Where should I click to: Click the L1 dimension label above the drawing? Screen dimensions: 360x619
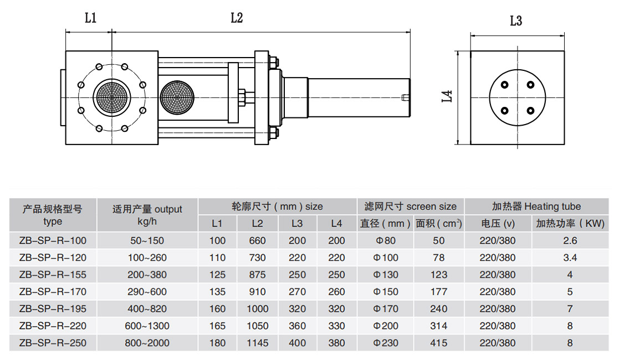pos(90,18)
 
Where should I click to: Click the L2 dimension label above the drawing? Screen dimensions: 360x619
pos(237,18)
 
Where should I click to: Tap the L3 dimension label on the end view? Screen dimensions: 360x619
pos(516,21)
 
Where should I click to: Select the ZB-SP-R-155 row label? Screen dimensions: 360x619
pos(53,275)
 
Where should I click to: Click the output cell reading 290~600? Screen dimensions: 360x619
pos(147,292)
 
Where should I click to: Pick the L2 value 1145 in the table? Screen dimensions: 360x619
pos(257,343)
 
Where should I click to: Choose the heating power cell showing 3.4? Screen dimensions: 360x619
pos(570,258)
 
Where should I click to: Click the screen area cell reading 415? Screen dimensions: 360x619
pos(438,343)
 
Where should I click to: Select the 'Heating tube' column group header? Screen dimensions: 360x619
pos(536,207)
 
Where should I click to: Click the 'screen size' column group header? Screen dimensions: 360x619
pos(411,207)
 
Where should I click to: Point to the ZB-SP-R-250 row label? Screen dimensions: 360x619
pos(53,343)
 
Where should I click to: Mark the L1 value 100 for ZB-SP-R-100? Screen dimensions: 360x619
pos(218,240)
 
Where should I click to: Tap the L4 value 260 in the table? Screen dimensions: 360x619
pos(336,292)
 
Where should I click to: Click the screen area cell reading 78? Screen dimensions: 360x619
pos(438,258)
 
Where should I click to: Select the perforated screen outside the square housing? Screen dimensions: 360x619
pos(177,97)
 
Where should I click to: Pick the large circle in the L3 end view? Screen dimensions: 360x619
pos(517,97)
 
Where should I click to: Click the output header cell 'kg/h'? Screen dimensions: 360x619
pos(147,221)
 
